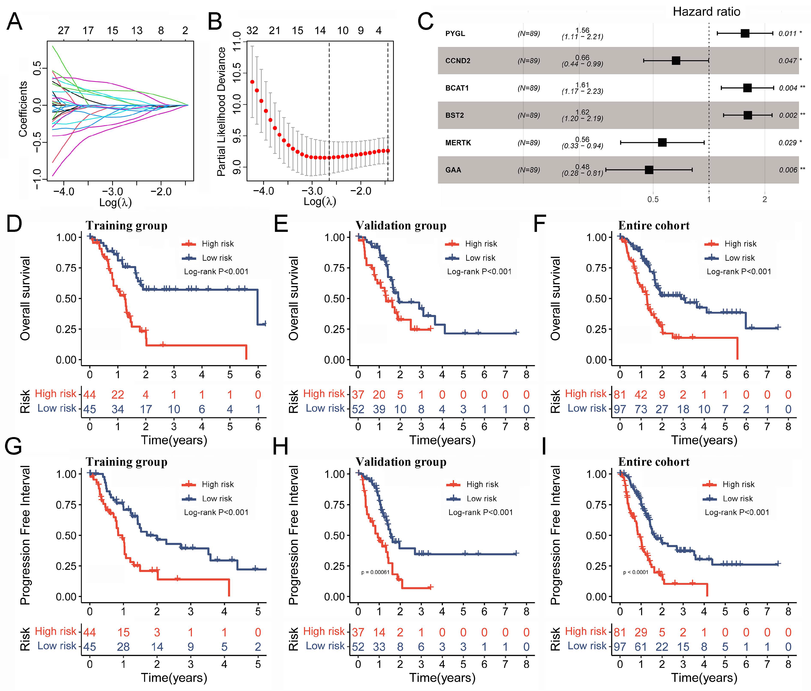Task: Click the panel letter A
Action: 14,22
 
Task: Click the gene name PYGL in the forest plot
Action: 455,34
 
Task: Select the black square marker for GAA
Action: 649,170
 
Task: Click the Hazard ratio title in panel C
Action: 706,12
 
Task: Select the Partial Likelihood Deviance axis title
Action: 222,112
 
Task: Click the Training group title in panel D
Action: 126,226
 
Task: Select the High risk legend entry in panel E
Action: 481,244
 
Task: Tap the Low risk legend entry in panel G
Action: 217,498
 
